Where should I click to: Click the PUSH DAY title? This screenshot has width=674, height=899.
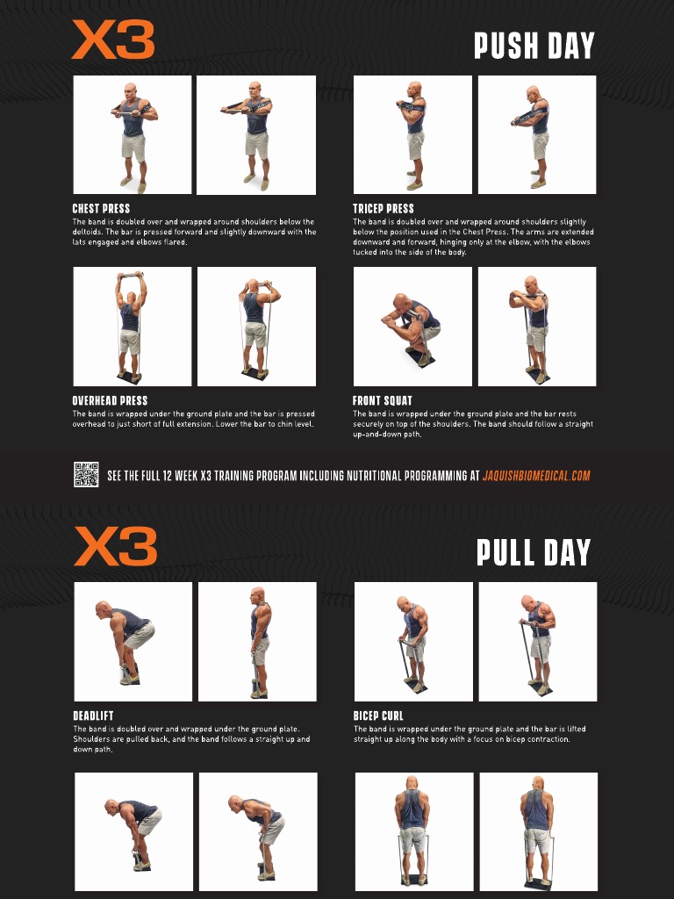[534, 46]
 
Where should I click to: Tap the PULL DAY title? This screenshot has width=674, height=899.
[534, 552]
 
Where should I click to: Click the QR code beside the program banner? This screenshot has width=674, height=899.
[86, 475]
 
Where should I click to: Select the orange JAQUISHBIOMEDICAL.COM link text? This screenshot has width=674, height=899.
[536, 476]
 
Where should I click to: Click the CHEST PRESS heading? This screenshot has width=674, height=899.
[101, 209]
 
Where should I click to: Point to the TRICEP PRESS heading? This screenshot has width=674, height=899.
[383, 209]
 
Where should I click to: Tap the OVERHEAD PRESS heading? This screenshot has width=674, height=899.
[110, 401]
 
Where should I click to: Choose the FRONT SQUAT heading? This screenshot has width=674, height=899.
[382, 401]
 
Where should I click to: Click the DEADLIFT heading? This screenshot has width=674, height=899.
[93, 716]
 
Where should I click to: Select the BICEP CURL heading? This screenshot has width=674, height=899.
[378, 716]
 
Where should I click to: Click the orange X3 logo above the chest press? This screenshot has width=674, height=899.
[113, 40]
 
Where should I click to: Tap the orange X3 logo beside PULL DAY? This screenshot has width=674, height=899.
[115, 546]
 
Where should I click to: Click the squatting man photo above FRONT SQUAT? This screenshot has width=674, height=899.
[412, 327]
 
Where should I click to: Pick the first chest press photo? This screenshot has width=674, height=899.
[132, 134]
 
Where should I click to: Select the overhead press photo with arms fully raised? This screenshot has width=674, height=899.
[132, 327]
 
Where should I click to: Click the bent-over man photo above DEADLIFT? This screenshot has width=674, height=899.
[133, 642]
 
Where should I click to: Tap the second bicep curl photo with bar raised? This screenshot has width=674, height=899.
[538, 642]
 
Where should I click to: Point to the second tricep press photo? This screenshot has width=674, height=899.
[536, 134]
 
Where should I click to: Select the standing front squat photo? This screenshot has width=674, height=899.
[536, 327]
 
